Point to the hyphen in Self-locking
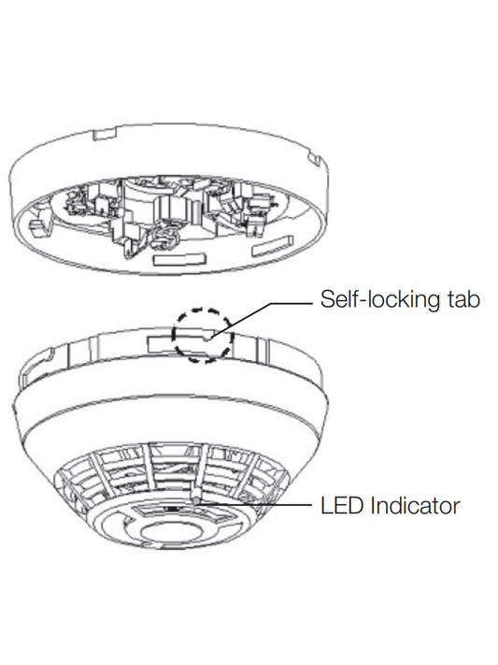pos(354,300)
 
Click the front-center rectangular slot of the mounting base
pos(172,253)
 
